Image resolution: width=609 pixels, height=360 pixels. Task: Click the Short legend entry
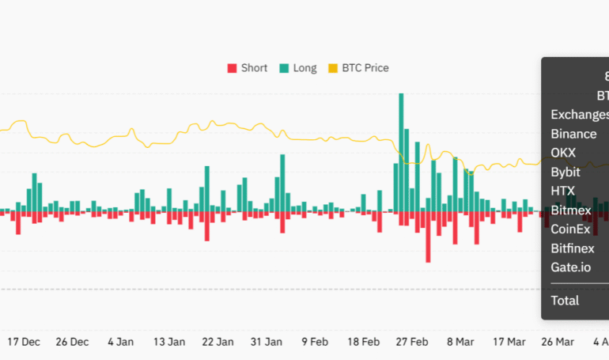247,68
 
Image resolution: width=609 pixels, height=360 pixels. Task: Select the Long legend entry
297,68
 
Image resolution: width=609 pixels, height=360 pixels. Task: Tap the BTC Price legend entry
357,68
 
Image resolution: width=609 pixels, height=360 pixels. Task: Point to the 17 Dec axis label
24,342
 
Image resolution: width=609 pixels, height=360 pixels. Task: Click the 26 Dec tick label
72,342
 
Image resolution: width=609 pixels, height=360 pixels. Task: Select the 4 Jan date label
121,342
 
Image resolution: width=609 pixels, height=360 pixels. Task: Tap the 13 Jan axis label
169,342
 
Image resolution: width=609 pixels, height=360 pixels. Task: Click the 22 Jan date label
217,342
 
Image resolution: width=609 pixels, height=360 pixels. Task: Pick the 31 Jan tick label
267,342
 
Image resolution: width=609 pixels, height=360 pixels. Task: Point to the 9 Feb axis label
315,342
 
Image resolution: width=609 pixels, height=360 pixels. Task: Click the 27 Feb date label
412,342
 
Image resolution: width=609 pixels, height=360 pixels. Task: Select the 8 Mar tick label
461,342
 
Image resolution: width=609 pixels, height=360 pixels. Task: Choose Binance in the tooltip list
573,134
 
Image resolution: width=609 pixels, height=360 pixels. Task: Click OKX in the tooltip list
563,153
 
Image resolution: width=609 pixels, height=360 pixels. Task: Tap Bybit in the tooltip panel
565,172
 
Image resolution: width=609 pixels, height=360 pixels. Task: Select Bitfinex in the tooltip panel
573,248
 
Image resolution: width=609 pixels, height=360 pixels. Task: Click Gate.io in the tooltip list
570,267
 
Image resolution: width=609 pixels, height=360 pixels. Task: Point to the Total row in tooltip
565,300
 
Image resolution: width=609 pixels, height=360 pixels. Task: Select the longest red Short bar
428,237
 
